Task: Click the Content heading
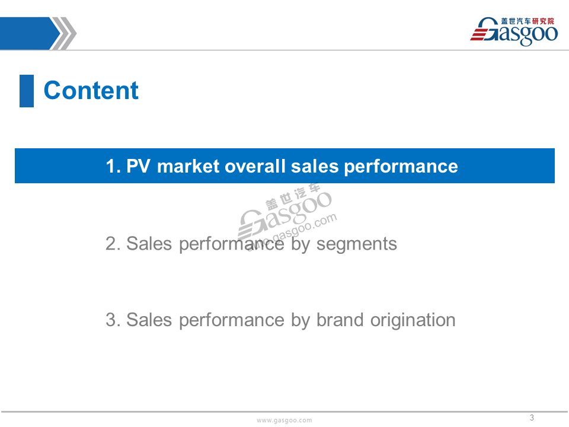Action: point(91,90)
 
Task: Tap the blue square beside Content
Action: point(27,91)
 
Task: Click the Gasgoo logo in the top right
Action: point(514,31)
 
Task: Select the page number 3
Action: point(532,418)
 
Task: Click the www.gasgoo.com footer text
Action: point(284,420)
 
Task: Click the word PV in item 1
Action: point(138,166)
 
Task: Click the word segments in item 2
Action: point(357,244)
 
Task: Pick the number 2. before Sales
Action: point(113,243)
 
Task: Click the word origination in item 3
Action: point(413,320)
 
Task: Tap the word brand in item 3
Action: point(340,320)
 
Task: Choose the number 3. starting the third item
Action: point(113,320)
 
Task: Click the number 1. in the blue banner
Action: point(113,166)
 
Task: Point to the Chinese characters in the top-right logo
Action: point(528,21)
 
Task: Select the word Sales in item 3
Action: point(149,320)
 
